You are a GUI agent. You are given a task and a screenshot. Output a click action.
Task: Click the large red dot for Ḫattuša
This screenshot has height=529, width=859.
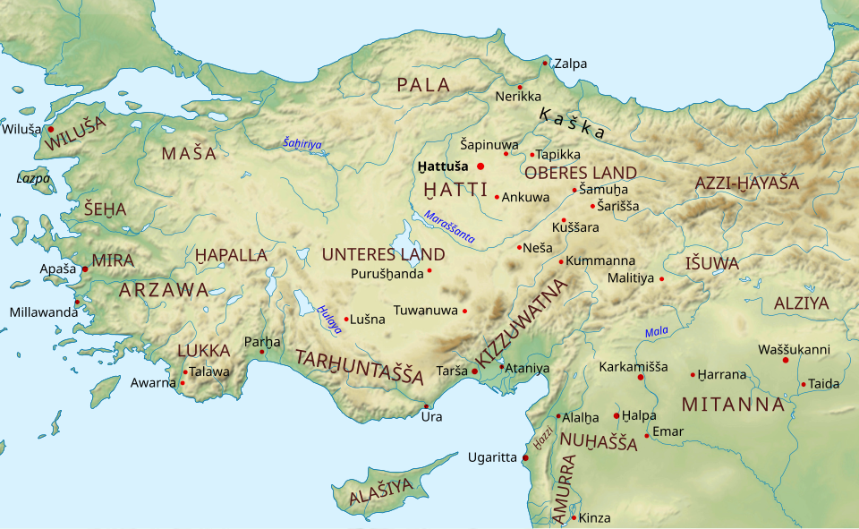[481, 166]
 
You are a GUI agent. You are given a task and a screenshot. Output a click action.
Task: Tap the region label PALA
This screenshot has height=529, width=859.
[422, 85]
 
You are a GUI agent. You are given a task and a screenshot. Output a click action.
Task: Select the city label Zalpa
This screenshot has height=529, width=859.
[571, 64]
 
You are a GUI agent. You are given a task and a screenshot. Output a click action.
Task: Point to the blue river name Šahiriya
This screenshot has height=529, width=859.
[302, 143]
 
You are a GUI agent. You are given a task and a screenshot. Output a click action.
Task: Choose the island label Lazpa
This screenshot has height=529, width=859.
[33, 178]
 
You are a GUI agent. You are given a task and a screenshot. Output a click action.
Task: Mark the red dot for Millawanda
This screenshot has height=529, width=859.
[78, 302]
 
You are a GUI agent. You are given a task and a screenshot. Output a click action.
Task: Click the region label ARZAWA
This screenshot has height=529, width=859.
[164, 290]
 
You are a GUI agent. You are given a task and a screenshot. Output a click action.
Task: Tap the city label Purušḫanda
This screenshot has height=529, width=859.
[387, 273]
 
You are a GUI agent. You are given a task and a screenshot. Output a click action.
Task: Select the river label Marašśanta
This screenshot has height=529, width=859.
[450, 227]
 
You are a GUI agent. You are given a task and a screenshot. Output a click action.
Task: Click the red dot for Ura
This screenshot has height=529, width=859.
[426, 406]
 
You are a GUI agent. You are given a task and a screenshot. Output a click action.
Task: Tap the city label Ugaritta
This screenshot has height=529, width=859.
[492, 457]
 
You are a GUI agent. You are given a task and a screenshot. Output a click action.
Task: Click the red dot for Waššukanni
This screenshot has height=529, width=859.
[786, 360]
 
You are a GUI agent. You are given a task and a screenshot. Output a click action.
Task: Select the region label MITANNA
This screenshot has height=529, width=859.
[733, 405]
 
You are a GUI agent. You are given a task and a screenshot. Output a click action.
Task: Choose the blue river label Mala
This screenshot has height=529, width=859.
[656, 332]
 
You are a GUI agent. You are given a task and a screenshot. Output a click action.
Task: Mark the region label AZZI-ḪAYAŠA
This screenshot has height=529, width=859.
[746, 183]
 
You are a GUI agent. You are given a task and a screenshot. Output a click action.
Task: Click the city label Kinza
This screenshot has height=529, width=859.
[594, 517]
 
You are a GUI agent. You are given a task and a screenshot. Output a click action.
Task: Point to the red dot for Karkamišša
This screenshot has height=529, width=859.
[641, 377]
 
